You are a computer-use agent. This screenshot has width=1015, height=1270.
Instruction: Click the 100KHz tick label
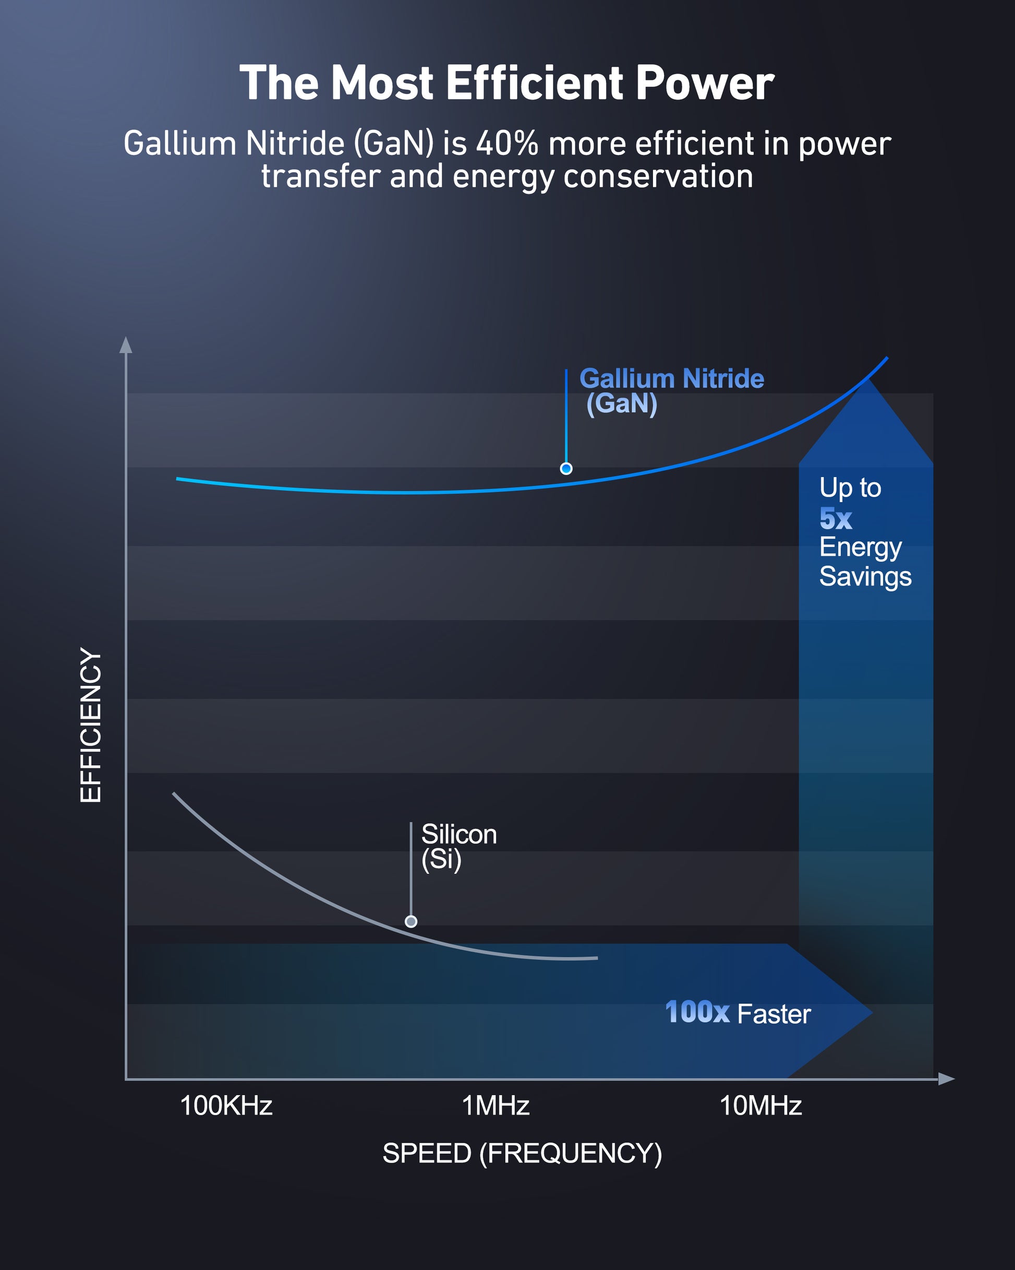(x=226, y=1106)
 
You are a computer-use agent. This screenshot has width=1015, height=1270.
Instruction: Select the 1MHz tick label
(x=496, y=1106)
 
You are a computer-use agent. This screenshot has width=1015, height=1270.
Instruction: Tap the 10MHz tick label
(x=760, y=1106)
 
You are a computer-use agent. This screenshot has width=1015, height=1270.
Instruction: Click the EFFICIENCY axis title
(x=91, y=725)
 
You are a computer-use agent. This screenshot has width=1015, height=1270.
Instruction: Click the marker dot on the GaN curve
(x=566, y=468)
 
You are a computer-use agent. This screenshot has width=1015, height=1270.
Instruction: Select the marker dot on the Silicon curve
(x=411, y=921)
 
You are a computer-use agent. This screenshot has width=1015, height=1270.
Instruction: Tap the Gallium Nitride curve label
(x=672, y=391)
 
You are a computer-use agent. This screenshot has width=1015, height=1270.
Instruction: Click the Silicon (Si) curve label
(x=459, y=847)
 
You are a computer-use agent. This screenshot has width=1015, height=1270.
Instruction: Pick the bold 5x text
(x=836, y=518)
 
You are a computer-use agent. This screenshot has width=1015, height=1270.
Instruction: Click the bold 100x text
(x=697, y=1012)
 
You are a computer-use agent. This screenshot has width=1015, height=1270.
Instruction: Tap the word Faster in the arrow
(x=774, y=1014)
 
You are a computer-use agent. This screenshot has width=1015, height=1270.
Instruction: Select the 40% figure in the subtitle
(x=507, y=143)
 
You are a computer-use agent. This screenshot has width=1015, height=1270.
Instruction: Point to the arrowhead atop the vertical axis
(x=125, y=345)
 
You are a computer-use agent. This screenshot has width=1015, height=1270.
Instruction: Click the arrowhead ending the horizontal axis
(x=946, y=1078)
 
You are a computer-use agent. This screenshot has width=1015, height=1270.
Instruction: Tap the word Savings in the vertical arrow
(x=865, y=577)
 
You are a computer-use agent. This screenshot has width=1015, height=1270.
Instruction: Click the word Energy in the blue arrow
(x=860, y=548)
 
